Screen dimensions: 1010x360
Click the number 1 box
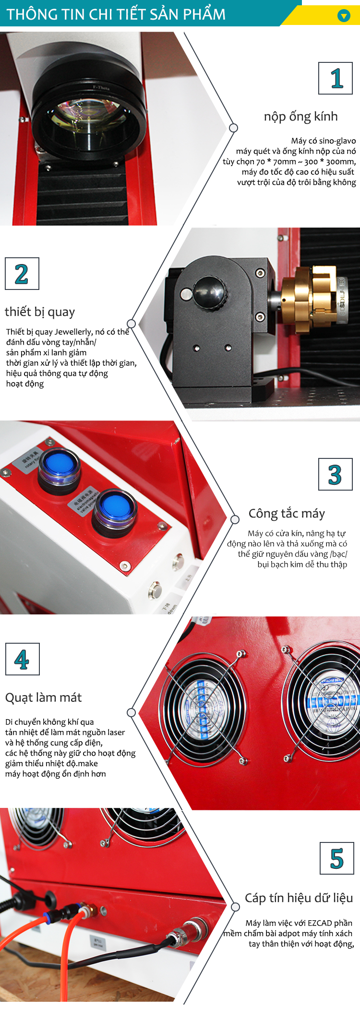336,78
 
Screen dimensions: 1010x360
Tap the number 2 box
22,274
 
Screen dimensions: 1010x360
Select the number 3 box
336,474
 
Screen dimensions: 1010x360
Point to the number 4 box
23,659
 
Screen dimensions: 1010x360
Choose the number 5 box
337,858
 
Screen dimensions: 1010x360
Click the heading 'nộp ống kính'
300,117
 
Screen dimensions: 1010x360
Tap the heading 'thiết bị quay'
40,312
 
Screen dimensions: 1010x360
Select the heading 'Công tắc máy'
287,514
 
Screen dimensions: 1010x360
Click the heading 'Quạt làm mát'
43,697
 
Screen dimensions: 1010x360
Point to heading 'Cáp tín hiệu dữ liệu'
299,898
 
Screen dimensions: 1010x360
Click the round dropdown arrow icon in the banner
344,16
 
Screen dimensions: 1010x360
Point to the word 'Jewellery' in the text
73,332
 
